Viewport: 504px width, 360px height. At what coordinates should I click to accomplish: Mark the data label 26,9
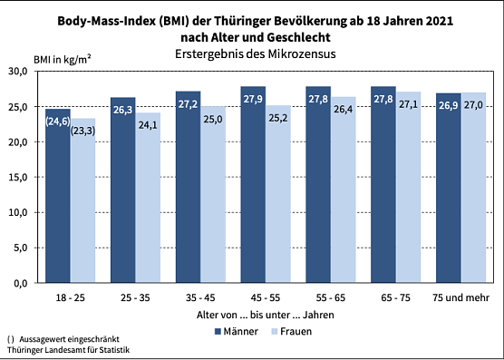pos(449,106)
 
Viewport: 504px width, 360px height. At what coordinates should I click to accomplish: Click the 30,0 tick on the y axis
pos(19,72)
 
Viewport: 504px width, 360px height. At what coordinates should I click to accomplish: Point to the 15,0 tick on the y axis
pos(19,177)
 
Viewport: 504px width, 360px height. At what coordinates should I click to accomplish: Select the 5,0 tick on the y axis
pos(22,248)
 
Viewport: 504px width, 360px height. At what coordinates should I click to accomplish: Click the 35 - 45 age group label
pos(201,297)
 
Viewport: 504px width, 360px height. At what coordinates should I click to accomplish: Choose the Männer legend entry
pos(235,331)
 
